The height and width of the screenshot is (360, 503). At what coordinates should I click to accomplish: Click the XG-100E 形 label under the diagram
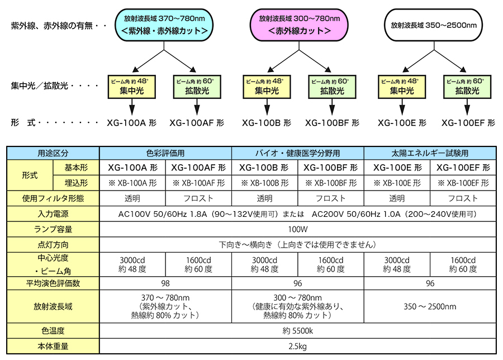[x=401, y=122]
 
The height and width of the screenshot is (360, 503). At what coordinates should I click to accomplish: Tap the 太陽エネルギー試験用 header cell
[x=430, y=153]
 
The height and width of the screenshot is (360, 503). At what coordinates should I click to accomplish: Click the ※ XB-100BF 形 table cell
[x=330, y=183]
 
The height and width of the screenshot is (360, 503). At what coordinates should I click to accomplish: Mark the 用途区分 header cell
[x=53, y=153]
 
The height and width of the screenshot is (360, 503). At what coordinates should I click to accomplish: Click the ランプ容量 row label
[x=53, y=229]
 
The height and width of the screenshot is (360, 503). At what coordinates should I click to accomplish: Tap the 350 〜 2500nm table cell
[x=430, y=306]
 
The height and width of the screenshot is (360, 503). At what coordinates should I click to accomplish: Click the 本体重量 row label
[x=53, y=346]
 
